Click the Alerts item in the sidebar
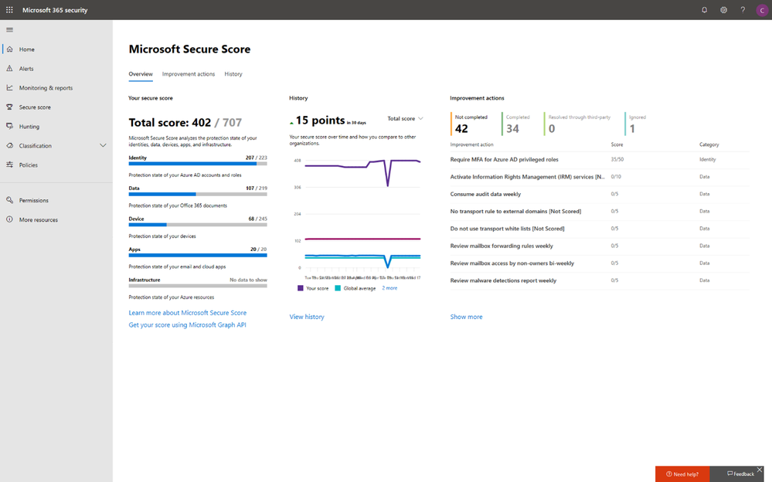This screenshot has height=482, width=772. [x=26, y=69]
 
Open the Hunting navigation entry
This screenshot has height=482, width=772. [x=29, y=127]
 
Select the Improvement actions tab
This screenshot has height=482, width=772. [x=189, y=74]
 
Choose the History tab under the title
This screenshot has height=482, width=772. [x=233, y=74]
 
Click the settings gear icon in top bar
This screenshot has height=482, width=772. [x=724, y=10]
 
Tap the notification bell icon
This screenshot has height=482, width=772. [x=704, y=10]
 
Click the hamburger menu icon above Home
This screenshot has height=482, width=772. [x=9, y=29]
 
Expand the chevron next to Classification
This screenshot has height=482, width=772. [x=103, y=146]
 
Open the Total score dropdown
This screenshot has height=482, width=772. [x=405, y=119]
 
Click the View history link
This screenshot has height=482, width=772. [x=307, y=317]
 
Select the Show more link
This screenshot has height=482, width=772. [x=466, y=317]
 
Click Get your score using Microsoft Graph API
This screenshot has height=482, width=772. [x=187, y=325]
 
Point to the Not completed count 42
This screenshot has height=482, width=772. [x=461, y=129]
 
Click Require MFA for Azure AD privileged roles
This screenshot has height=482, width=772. [x=504, y=160]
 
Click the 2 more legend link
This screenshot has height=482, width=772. [x=389, y=288]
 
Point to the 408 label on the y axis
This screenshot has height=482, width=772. [x=297, y=161]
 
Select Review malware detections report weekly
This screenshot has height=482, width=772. [x=503, y=280]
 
